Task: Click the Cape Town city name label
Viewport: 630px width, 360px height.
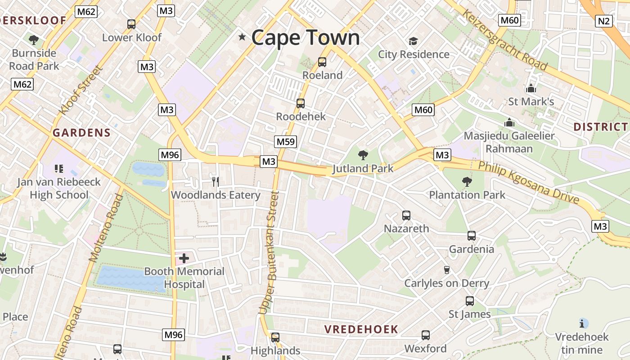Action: pyautogui.click(x=306, y=37)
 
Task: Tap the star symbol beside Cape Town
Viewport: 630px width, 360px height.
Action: pyautogui.click(x=243, y=37)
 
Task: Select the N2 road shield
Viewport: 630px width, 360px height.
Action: pyautogui.click(x=603, y=21)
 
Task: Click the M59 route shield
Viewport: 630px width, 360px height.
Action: pyautogui.click(x=286, y=142)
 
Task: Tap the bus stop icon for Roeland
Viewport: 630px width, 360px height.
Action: pyautogui.click(x=322, y=62)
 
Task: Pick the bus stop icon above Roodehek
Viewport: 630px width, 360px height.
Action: pyautogui.click(x=301, y=103)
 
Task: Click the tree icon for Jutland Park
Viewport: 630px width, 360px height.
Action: pyautogui.click(x=363, y=156)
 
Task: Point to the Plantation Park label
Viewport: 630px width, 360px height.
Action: pyautogui.click(x=467, y=195)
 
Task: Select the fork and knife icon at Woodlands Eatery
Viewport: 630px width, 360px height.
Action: pyautogui.click(x=216, y=181)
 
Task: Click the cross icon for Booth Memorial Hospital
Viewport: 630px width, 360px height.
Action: pyautogui.click(x=184, y=258)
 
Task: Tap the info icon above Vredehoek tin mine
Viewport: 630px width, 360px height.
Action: pyautogui.click(x=584, y=323)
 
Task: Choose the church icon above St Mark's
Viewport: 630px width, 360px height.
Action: pyautogui.click(x=531, y=88)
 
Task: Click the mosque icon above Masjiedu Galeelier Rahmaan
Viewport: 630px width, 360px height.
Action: pyautogui.click(x=509, y=122)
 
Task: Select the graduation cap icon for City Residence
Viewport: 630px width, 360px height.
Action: pyautogui.click(x=413, y=41)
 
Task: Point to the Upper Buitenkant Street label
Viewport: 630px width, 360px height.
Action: pyautogui.click(x=269, y=252)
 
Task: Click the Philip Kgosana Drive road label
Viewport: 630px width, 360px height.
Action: pyautogui.click(x=528, y=182)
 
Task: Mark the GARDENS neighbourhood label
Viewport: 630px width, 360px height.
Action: pyautogui.click(x=81, y=133)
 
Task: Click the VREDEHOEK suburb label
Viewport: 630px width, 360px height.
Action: pyautogui.click(x=361, y=329)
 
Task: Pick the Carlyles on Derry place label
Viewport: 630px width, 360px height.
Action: pyautogui.click(x=446, y=283)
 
